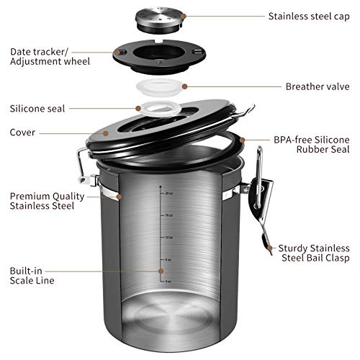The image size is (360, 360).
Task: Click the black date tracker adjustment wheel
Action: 160,56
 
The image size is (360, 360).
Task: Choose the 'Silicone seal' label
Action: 37,109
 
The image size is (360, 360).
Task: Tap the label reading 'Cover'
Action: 23,132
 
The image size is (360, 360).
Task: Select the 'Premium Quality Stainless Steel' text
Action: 42,201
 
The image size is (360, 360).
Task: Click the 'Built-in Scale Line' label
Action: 33,275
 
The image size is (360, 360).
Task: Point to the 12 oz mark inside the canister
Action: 167,237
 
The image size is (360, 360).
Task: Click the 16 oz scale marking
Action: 167,215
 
